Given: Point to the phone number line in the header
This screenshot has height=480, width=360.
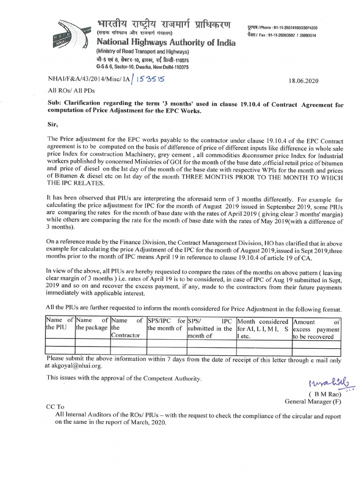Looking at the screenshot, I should [x=281, y=28].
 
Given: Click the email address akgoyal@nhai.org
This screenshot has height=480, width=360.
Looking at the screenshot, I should [x=75, y=366].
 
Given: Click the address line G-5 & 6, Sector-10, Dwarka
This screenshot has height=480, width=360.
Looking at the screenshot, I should [x=142, y=67].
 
